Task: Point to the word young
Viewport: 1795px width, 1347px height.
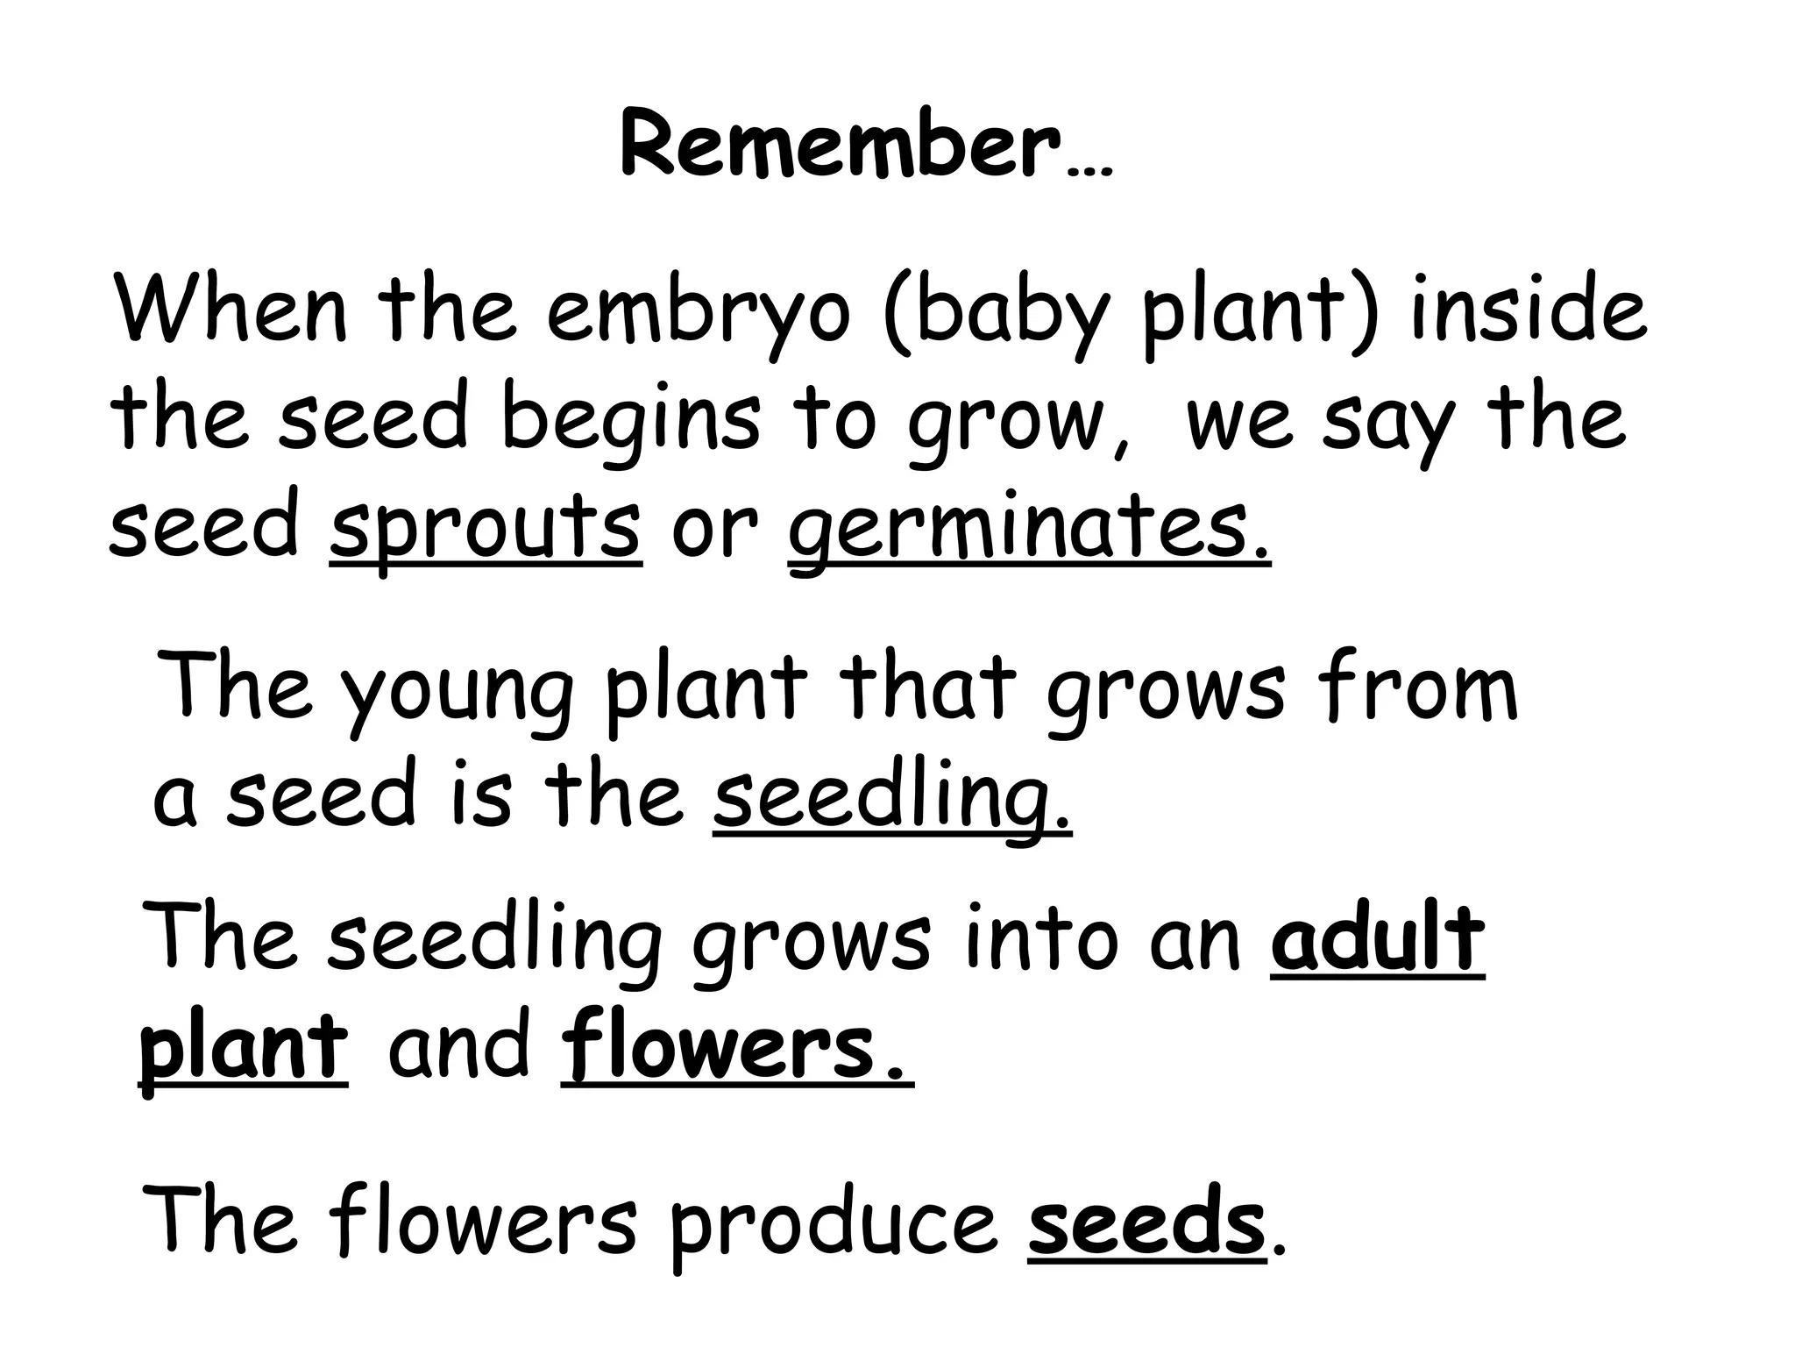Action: pyautogui.click(x=457, y=693)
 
